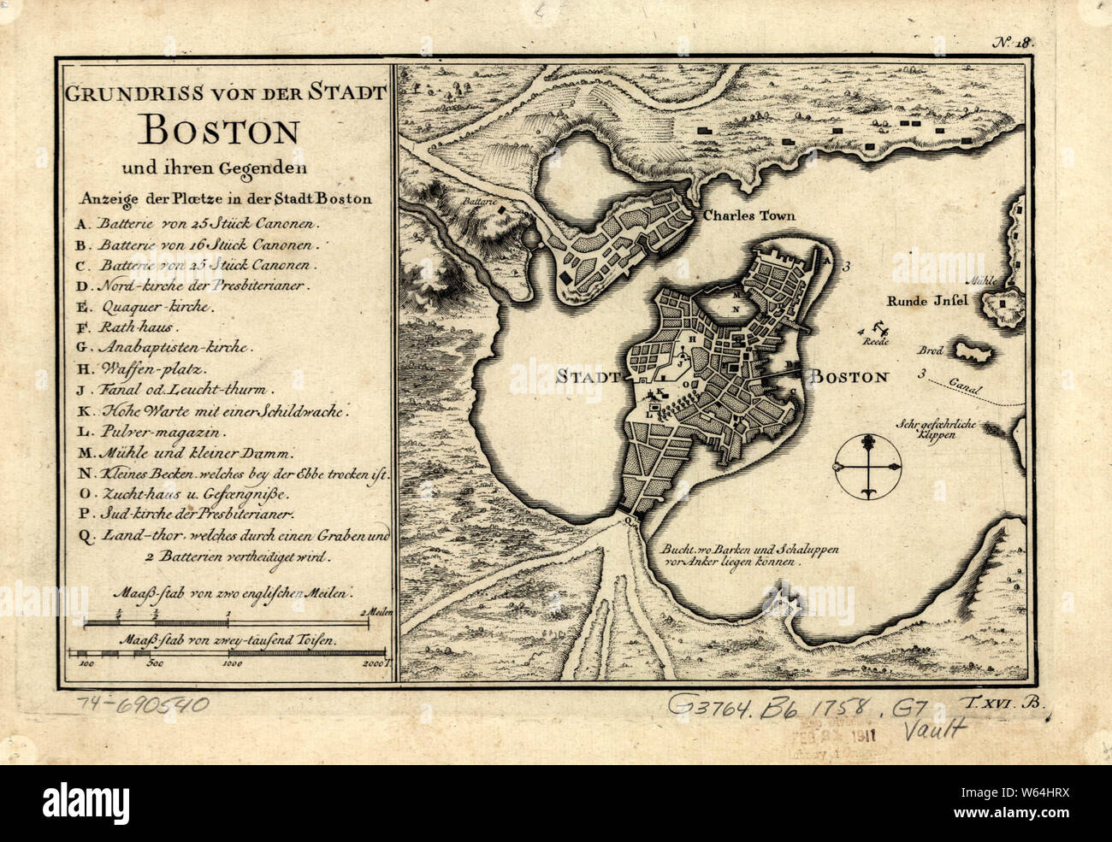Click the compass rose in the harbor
pos(868,468)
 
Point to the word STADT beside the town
pos(588,375)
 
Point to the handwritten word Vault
pos(935,729)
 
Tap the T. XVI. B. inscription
pos(1008,703)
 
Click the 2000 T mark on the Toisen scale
pos(374,662)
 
